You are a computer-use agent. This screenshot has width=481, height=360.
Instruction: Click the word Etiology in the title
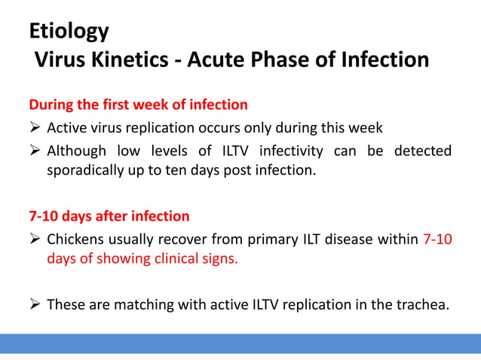point(69,32)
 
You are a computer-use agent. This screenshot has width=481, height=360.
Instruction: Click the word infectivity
point(293,151)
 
